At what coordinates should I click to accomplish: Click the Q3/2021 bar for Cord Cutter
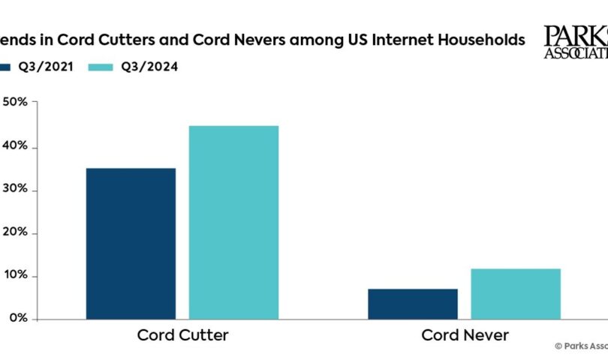131,243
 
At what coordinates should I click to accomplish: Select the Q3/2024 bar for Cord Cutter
233,222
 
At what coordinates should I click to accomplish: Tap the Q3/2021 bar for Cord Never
413,303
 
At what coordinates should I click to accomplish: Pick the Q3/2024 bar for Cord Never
516,293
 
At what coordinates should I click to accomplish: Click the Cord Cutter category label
182,334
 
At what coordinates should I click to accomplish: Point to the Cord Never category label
465,334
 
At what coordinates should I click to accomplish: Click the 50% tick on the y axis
15,103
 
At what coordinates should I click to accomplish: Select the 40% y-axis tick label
15,146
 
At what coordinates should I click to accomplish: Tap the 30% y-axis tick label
15,190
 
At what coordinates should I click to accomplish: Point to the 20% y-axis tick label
15,233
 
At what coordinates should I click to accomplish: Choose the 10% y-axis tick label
15,276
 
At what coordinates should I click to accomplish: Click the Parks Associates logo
575,41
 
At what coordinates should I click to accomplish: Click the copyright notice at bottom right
580,346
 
